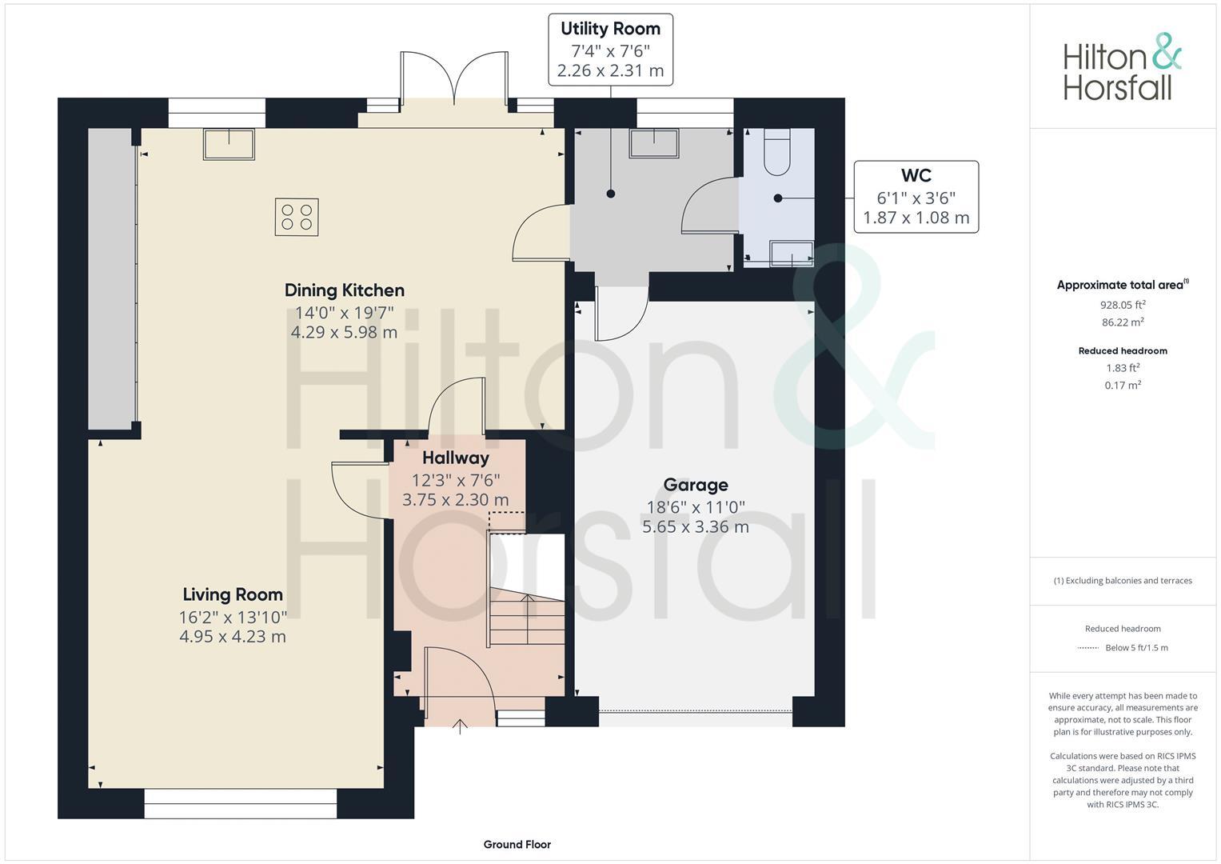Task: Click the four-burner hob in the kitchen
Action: pos(297,217)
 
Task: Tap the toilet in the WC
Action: pos(776,152)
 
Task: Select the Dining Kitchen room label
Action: pos(345,290)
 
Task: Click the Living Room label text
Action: pos(233,594)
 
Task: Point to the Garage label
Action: pos(696,485)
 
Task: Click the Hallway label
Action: pos(455,458)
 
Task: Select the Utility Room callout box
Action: pos(610,50)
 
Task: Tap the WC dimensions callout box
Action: pos(916,197)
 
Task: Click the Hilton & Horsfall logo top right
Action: pos(1122,67)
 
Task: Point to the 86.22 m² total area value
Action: pos(1122,322)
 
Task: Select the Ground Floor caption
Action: pos(517,844)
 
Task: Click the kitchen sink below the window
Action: pos(229,145)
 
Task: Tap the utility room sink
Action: pos(654,144)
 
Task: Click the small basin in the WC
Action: pos(791,254)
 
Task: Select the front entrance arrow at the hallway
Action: pos(460,726)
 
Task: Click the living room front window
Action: pos(241,804)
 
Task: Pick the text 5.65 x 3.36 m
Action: pos(696,527)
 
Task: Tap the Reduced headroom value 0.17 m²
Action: pos(1122,385)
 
